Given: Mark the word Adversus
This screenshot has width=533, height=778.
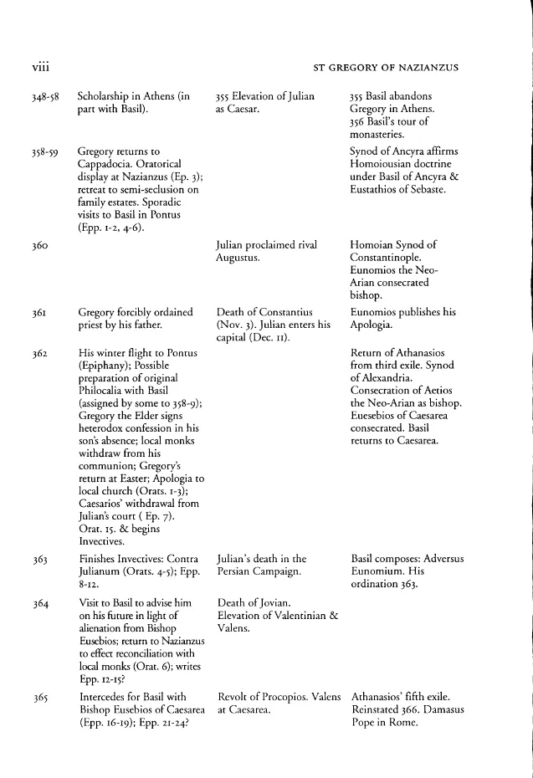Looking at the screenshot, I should coord(455,557).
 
